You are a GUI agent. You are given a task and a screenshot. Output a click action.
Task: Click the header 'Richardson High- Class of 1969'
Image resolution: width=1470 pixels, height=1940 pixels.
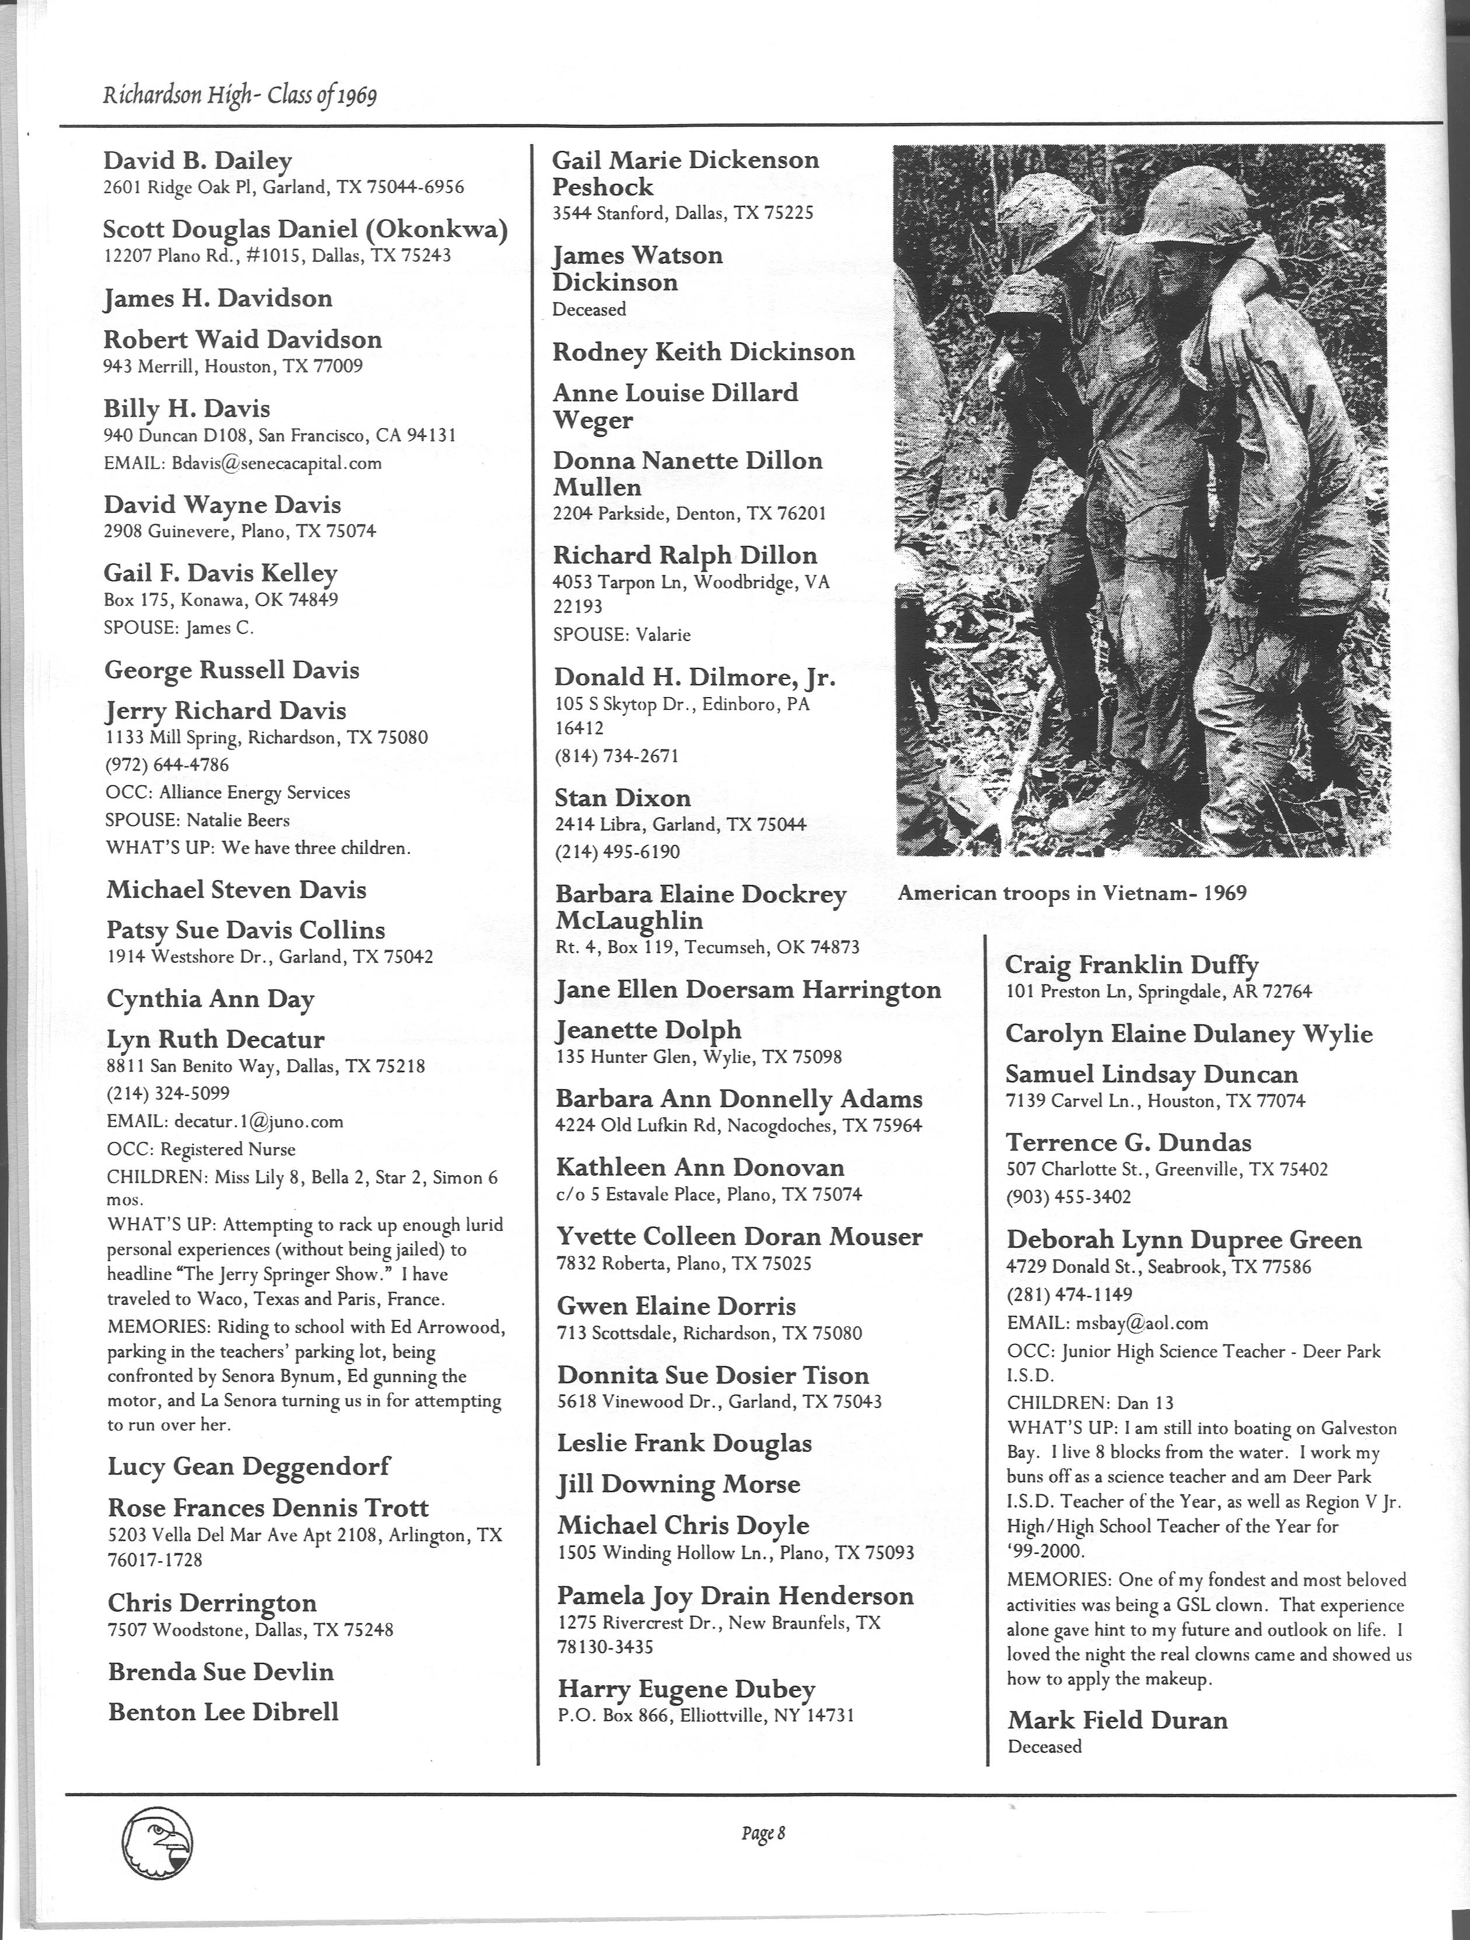tap(239, 94)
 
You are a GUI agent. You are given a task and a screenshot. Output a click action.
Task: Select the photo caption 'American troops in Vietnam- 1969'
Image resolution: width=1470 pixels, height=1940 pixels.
tap(1072, 893)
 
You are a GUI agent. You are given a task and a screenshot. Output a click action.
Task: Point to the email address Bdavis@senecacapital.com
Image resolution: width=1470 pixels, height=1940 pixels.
tap(274, 463)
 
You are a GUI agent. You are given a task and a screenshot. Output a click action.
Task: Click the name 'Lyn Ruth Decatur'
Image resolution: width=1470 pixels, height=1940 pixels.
tap(216, 1039)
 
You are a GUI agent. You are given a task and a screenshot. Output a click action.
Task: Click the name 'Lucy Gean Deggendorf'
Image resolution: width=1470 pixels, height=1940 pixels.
tap(249, 1466)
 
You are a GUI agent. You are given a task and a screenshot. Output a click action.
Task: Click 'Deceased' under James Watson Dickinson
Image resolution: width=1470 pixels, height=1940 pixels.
tap(589, 310)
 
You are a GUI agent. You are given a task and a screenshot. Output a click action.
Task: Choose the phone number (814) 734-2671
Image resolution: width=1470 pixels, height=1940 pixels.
tap(616, 756)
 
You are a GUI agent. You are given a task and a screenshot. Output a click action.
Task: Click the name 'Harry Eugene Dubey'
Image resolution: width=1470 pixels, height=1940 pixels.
tap(686, 1689)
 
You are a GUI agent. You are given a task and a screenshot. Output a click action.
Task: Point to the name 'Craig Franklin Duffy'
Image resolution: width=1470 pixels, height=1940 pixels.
tap(1132, 965)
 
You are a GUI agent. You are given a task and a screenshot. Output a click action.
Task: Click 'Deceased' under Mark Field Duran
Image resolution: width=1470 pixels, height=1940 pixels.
tap(1045, 1746)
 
